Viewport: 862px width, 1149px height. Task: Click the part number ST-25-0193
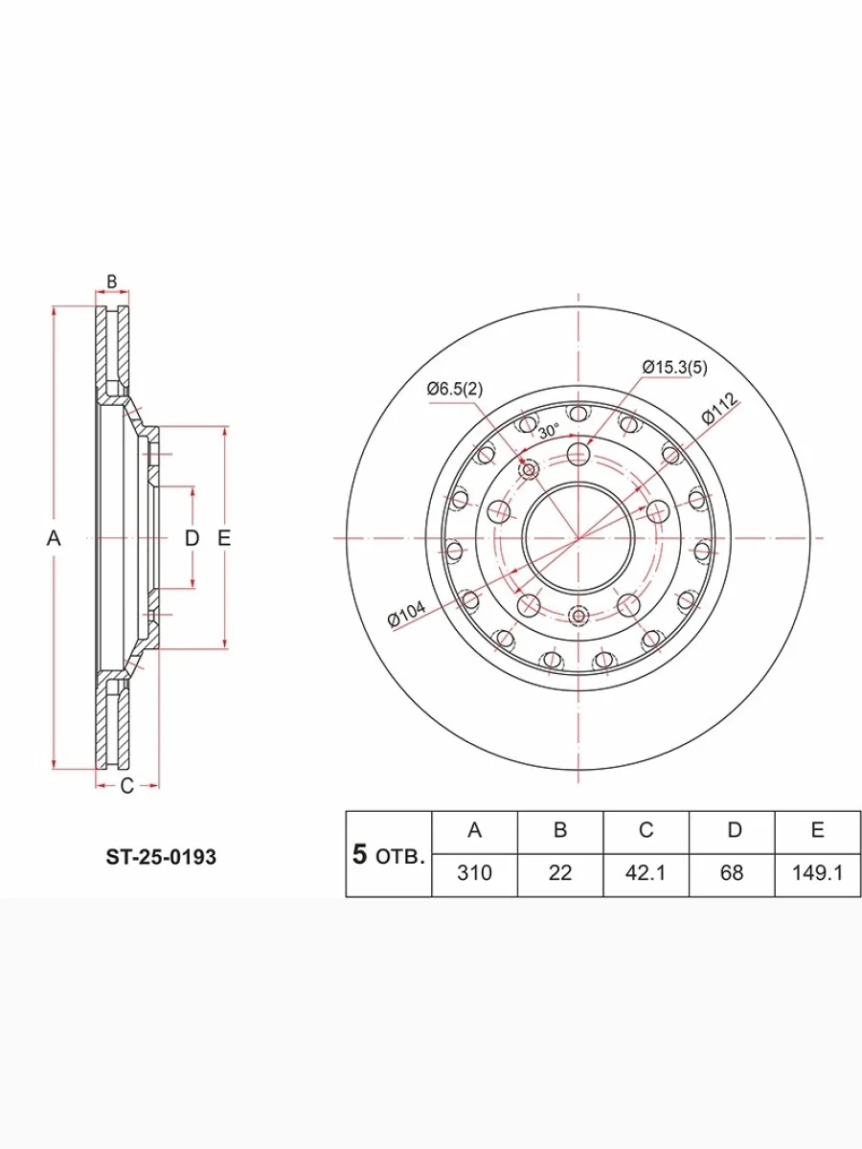[161, 857]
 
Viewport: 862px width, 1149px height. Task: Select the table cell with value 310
[474, 873]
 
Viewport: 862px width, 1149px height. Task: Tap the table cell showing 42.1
[646, 873]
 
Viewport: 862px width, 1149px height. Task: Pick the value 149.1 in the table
[818, 873]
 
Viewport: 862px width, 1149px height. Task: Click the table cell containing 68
[732, 873]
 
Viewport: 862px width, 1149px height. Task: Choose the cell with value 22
[560, 873]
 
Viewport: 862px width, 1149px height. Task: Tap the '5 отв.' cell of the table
[388, 854]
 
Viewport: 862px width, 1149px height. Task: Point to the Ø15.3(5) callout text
[674, 368]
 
